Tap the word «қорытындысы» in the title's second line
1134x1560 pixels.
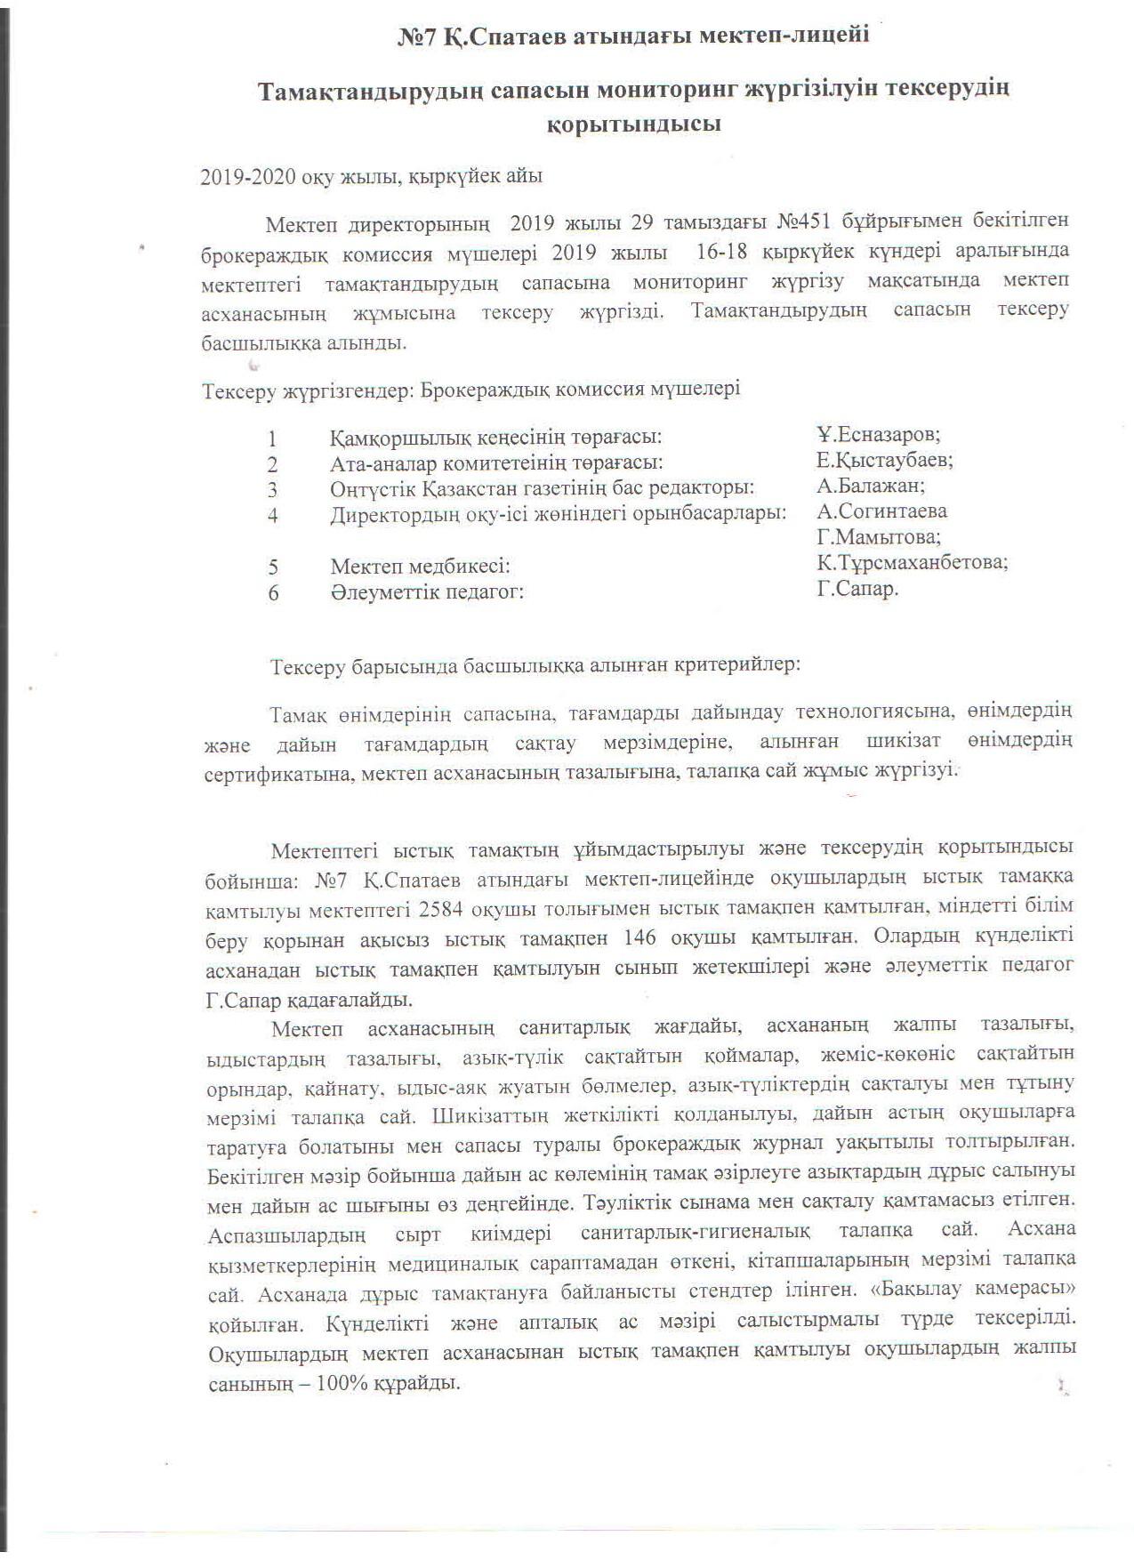[632, 124]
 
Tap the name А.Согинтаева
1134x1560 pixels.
[881, 511]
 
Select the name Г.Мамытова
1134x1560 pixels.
[879, 537]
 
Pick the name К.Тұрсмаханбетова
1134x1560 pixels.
[912, 563]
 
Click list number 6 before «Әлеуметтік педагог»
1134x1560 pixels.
[273, 592]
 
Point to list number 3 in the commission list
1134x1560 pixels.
[272, 490]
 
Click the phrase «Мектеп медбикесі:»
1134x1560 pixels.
[420, 567]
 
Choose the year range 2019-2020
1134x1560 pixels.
[248, 176]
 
